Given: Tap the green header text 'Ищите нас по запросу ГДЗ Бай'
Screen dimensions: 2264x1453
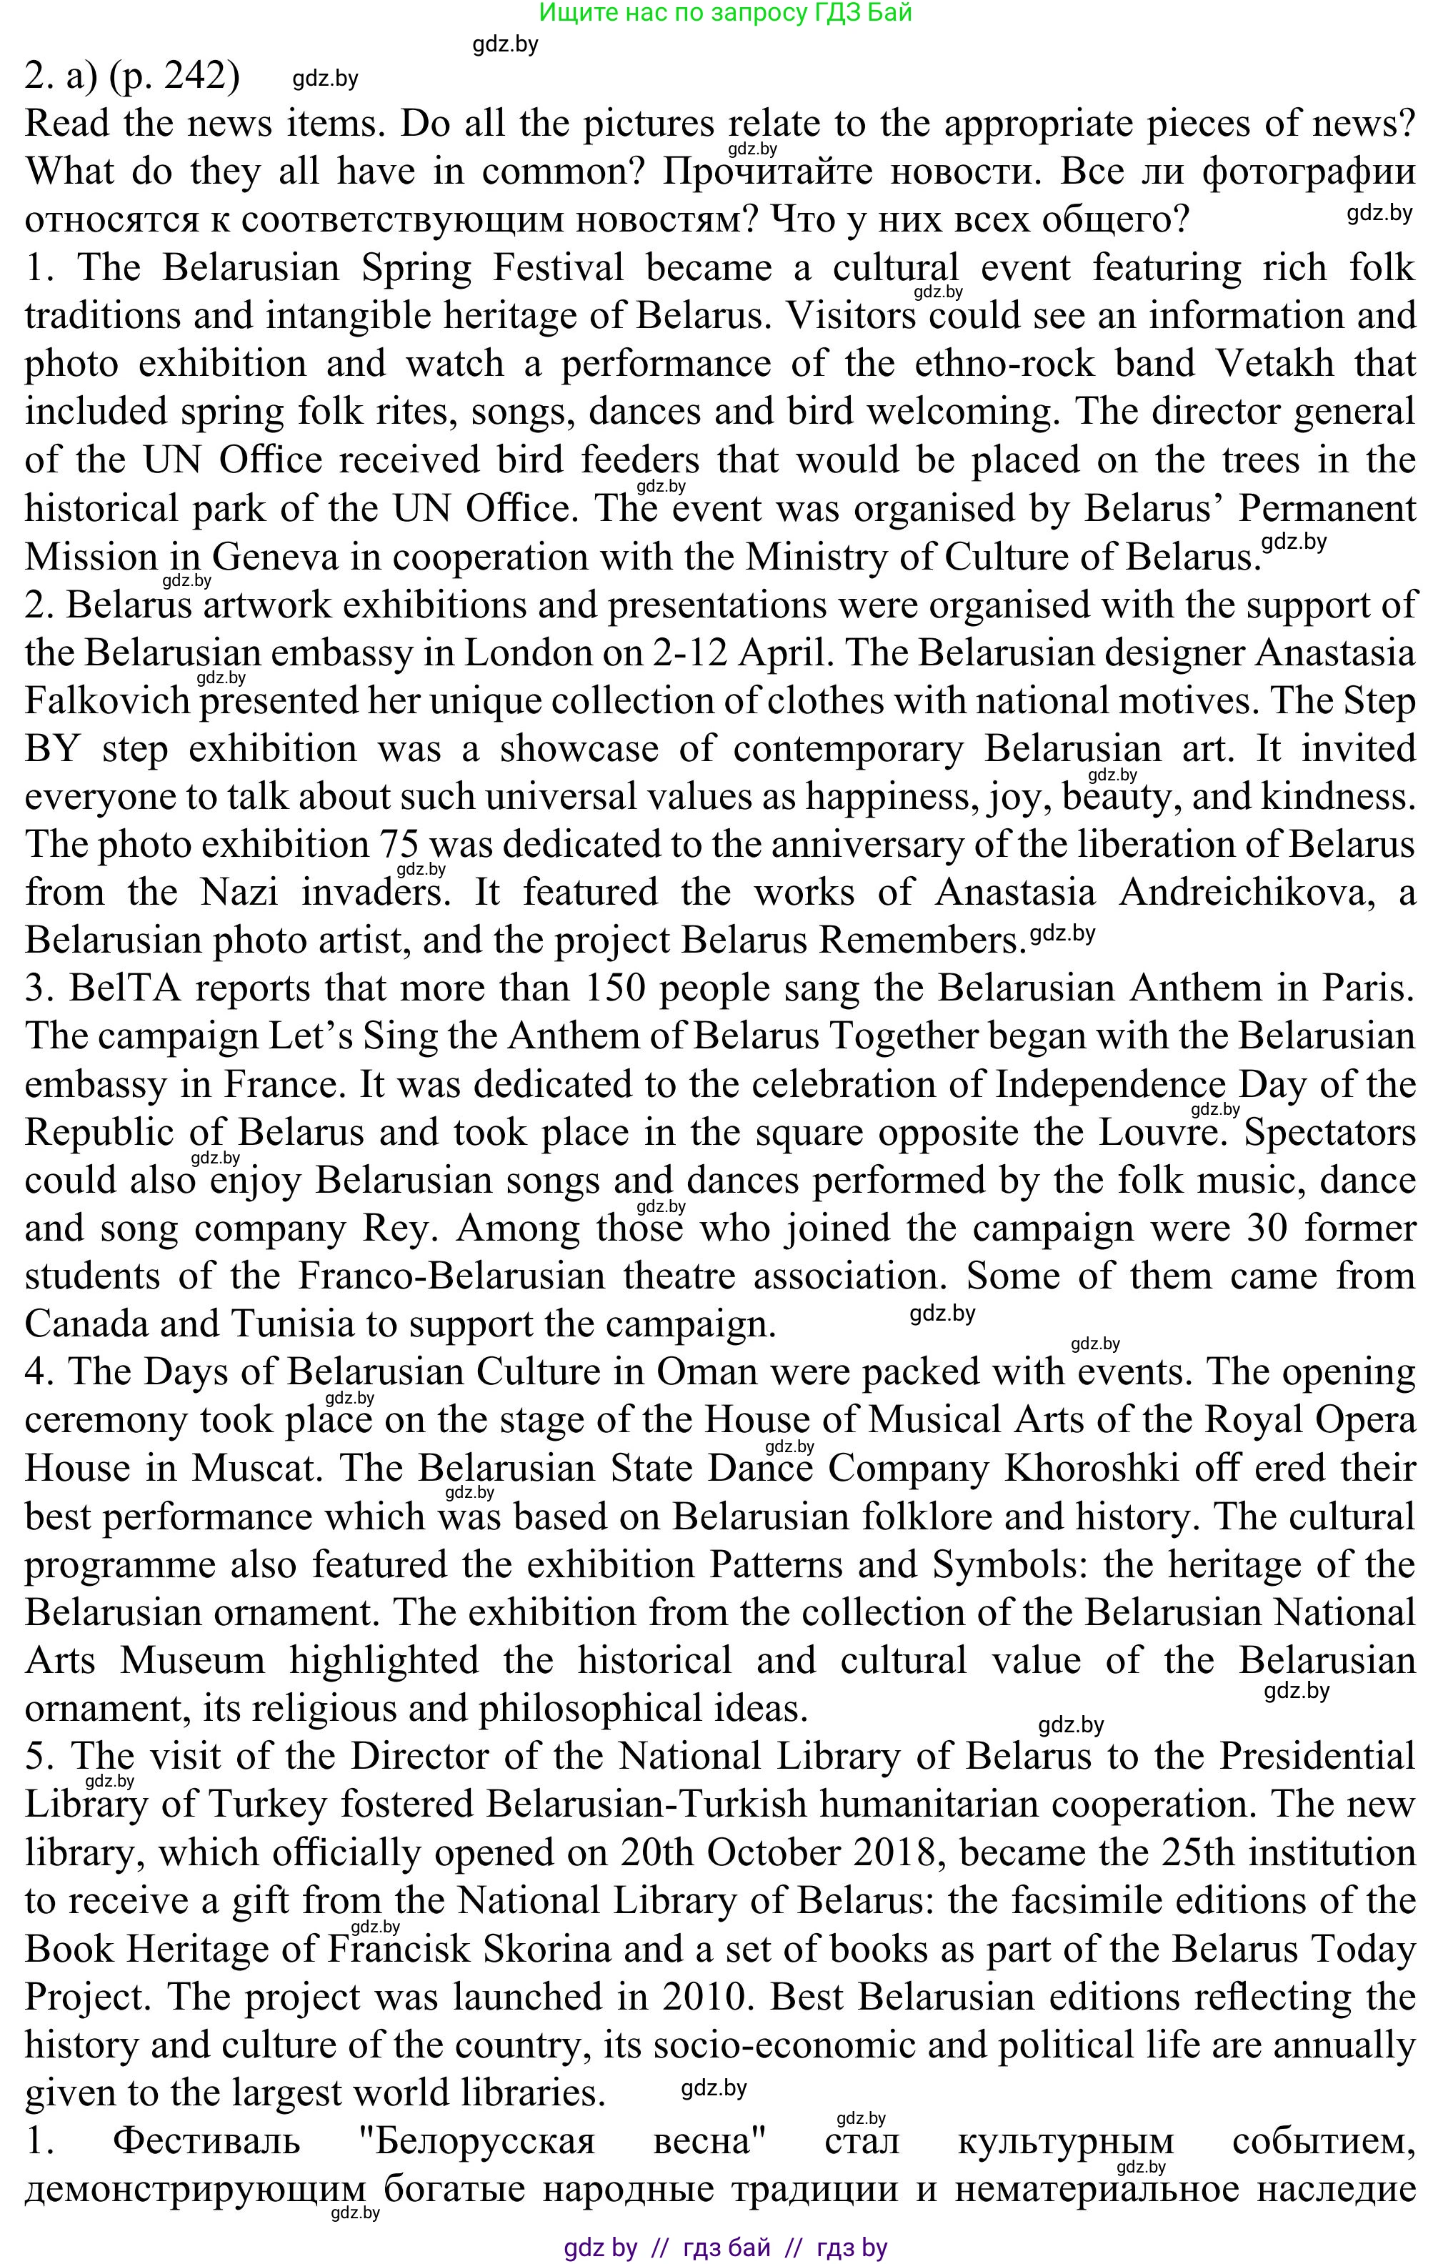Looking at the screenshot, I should point(724,13).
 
